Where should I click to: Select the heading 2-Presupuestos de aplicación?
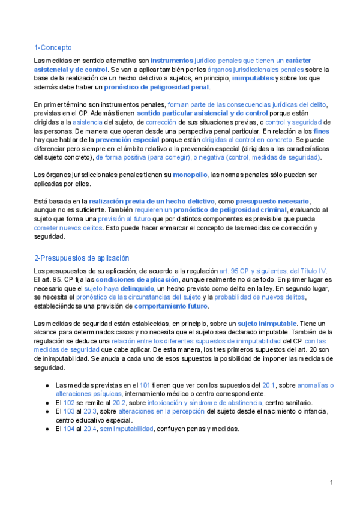click(x=82, y=258)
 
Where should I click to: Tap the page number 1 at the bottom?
click(x=331, y=483)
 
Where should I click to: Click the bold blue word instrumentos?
click(x=172, y=61)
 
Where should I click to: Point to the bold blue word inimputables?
click(x=253, y=78)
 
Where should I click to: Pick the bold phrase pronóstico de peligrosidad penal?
click(x=161, y=87)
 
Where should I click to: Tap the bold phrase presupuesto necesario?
click(x=272, y=201)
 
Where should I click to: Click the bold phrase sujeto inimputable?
click(x=263, y=324)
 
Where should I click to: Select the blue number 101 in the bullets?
click(x=145, y=385)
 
